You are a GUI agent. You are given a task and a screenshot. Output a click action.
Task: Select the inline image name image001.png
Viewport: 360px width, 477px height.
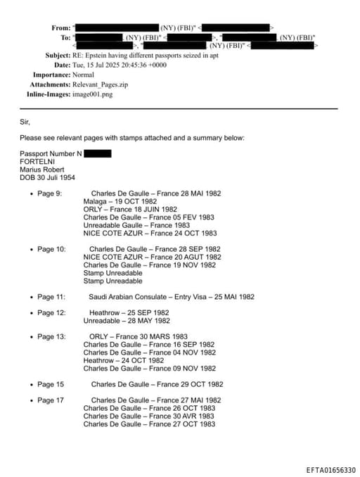click(x=93, y=93)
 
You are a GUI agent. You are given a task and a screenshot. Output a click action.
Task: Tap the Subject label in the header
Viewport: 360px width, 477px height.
click(x=58, y=55)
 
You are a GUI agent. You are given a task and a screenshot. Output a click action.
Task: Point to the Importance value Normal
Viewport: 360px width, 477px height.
click(x=83, y=74)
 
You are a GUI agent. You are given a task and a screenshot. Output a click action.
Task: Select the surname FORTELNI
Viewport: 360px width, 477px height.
click(x=37, y=161)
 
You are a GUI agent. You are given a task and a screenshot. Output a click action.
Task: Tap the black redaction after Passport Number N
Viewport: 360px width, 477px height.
click(x=97, y=153)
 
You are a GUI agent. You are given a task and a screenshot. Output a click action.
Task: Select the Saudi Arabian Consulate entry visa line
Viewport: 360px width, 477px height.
click(x=172, y=297)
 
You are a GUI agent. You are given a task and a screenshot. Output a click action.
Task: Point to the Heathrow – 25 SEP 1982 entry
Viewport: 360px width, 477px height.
click(x=129, y=312)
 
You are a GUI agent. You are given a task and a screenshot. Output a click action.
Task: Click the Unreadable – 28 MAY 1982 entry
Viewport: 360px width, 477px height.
click(x=127, y=321)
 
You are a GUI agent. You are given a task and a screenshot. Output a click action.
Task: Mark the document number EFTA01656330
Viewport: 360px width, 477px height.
click(x=330, y=470)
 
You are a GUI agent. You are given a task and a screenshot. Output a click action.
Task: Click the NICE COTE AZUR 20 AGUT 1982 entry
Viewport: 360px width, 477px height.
click(x=152, y=257)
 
